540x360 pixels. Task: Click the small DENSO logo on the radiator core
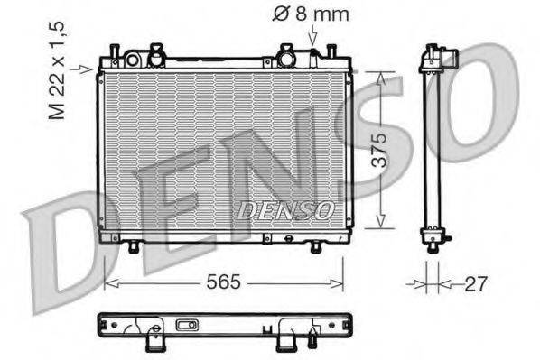click(x=285, y=209)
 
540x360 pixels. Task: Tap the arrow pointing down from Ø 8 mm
click(x=312, y=37)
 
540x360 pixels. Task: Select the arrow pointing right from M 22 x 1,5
click(x=87, y=68)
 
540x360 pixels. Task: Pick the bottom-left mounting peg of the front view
click(x=134, y=245)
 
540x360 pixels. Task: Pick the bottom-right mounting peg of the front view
click(x=315, y=245)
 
